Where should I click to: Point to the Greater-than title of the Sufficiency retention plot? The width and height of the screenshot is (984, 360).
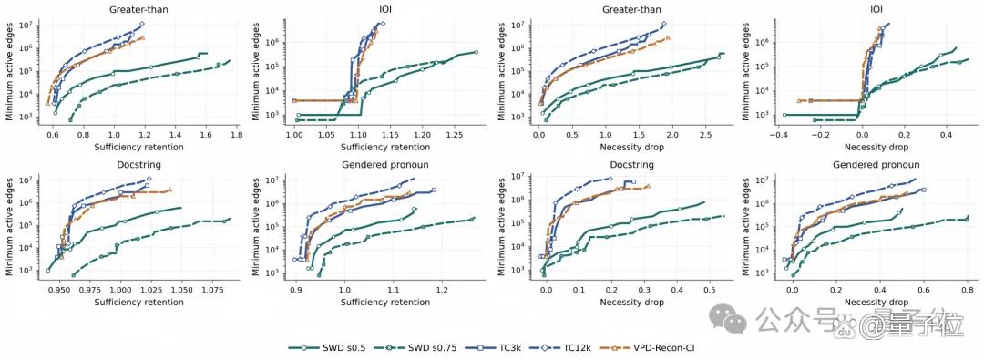[140, 9]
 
